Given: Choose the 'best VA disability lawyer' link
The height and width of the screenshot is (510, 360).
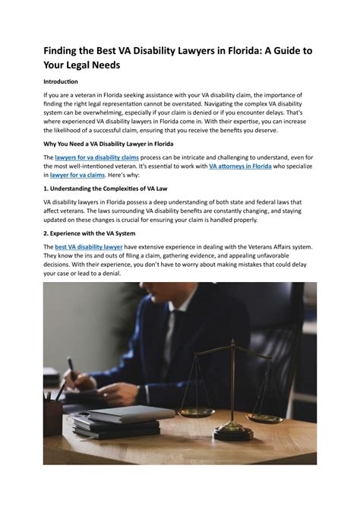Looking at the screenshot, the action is [x=88, y=247].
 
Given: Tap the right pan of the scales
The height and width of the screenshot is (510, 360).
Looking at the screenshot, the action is [x=264, y=416].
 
